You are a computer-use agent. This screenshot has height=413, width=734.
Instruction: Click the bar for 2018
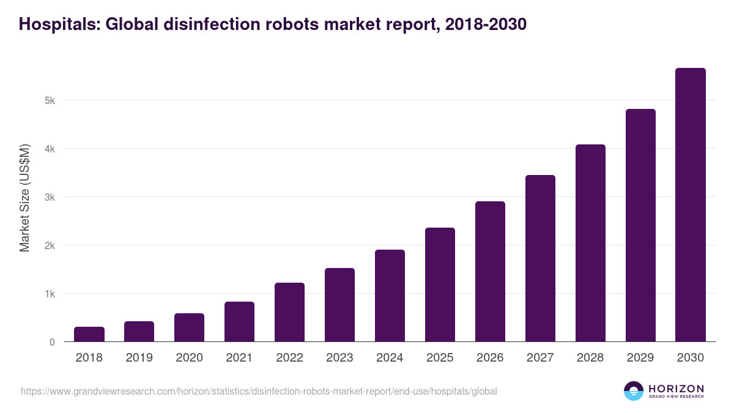(x=89, y=334)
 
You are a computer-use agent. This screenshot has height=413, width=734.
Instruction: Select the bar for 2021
(x=239, y=322)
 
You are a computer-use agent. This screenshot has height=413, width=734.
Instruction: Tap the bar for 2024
(x=390, y=296)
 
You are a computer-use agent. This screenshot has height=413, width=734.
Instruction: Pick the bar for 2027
(x=540, y=258)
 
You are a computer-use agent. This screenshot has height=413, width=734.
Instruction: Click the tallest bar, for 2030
(x=691, y=205)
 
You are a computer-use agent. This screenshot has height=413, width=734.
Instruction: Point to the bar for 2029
(x=640, y=225)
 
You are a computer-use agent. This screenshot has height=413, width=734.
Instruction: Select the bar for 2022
(x=289, y=312)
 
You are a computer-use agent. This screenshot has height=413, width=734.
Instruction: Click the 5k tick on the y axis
(x=50, y=100)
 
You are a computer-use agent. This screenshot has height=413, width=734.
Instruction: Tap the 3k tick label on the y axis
(x=50, y=197)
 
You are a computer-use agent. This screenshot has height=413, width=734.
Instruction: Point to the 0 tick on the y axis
(x=52, y=342)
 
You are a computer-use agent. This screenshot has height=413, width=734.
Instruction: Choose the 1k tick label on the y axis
(x=50, y=294)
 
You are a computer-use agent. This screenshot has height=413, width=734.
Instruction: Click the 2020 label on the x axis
(x=189, y=358)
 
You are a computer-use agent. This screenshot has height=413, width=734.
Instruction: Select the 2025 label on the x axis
(x=440, y=358)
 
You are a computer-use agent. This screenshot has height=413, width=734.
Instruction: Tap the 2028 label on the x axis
(x=590, y=358)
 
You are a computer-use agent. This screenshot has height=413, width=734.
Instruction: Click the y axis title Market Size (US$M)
(x=24, y=198)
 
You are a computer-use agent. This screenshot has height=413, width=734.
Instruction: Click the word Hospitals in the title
(x=59, y=24)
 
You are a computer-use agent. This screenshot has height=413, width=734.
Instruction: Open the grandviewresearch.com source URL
(x=259, y=391)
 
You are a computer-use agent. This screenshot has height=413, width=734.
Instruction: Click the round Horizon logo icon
(x=634, y=391)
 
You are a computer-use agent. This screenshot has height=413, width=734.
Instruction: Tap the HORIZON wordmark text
(x=676, y=388)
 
